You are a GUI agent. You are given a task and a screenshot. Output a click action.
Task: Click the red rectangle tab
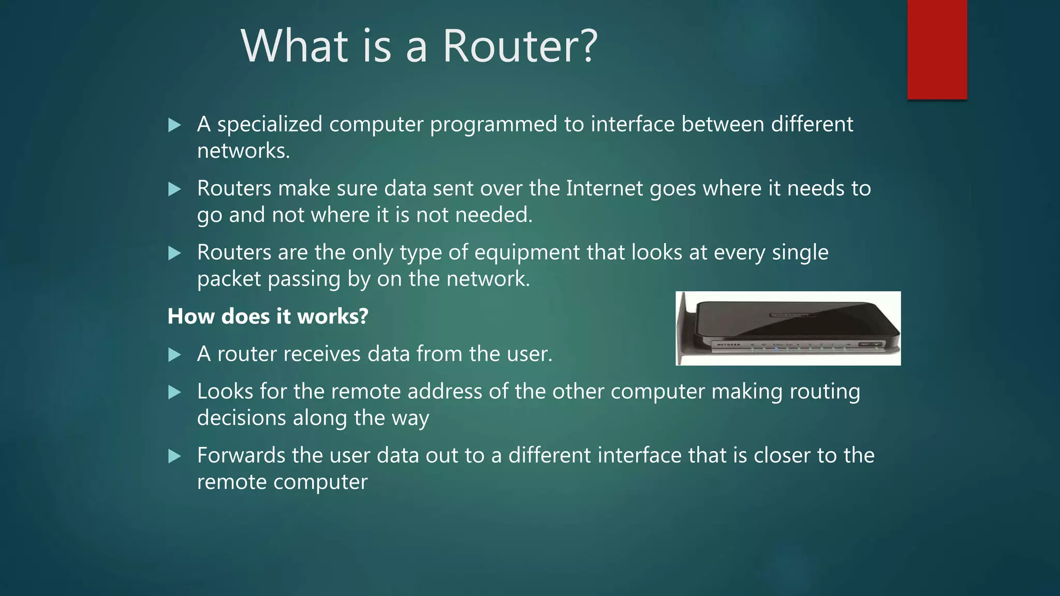tap(937, 49)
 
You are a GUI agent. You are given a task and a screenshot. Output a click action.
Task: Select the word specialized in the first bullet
tap(270, 125)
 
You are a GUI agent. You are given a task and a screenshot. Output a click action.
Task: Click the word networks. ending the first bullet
tap(243, 151)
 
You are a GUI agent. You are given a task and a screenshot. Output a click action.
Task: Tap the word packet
tap(229, 279)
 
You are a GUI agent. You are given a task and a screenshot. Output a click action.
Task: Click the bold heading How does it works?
tap(268, 316)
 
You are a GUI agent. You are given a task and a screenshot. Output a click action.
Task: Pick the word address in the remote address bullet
tap(445, 392)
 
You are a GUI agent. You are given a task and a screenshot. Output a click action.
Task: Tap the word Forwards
tap(241, 456)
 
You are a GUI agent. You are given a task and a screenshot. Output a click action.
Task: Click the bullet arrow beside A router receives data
tap(174, 355)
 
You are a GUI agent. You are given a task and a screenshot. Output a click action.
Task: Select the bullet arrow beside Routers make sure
tap(174, 189)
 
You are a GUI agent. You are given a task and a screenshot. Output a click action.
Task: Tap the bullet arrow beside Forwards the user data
tap(174, 456)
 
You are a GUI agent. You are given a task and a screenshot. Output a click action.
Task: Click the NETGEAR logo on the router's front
tap(728, 344)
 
